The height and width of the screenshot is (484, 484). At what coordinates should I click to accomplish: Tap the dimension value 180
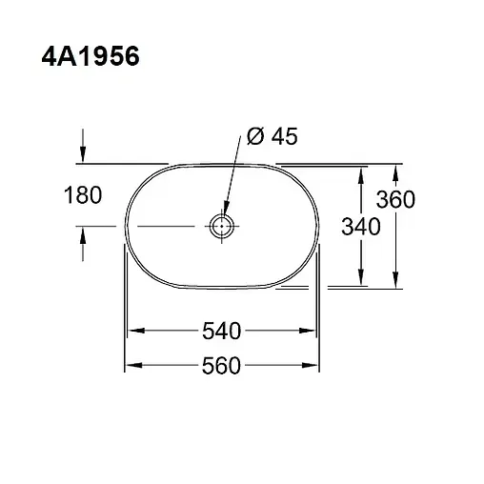point(83,196)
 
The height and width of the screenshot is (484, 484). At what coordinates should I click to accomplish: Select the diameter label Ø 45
point(272,137)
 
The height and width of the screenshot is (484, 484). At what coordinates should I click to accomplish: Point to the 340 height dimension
point(361,227)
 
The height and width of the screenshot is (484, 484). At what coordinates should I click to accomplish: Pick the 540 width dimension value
point(220,332)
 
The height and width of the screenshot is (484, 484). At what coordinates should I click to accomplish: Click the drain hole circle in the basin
point(221,227)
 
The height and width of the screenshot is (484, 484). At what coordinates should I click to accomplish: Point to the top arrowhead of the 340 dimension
point(361,172)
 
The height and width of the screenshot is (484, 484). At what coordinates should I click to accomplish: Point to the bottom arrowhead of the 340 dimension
point(361,278)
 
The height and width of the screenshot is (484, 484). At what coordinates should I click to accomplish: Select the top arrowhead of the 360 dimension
point(396,169)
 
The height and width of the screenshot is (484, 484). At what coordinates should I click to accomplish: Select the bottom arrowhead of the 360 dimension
point(396,282)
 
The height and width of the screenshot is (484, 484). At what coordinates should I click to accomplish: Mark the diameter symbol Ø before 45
point(254,137)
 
